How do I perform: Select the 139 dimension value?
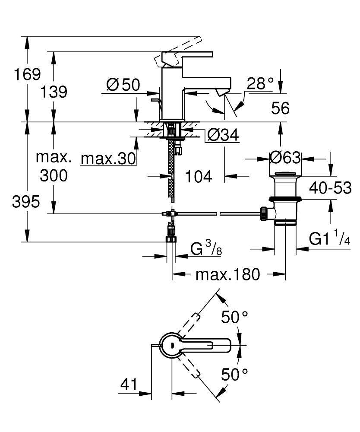coord(54,92)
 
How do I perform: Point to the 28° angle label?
coord(260,83)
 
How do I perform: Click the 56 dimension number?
coord(281,108)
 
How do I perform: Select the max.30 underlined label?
coord(108,159)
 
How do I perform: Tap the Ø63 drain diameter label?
coord(285,158)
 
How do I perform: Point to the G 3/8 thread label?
coord(206,249)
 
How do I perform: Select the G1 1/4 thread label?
coord(329,239)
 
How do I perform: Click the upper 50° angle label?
coord(235,318)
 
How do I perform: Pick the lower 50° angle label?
coord(235,374)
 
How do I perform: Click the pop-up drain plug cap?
coord(285,175)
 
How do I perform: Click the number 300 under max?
coord(54,175)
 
